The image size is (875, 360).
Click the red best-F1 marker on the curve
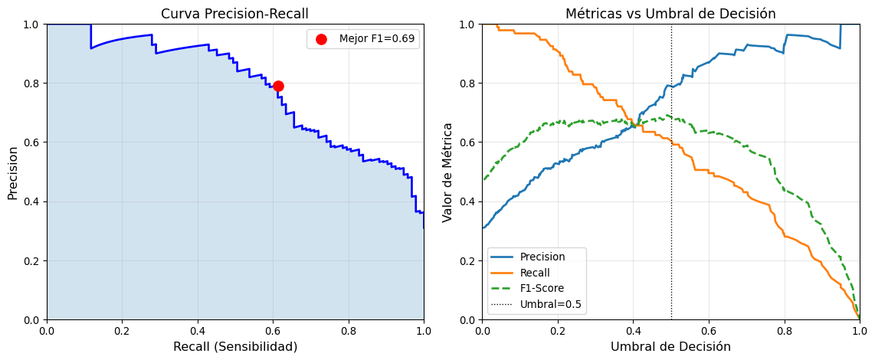pos(278,86)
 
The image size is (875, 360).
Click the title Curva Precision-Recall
pos(235,14)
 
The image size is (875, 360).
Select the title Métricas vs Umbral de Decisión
pos(670,14)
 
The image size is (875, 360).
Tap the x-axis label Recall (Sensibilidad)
pos(235,347)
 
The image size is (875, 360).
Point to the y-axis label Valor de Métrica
pos(448,172)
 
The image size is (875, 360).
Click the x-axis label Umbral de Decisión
pos(670,347)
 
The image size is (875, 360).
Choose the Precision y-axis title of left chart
pos(13,172)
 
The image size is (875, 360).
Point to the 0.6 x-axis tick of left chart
pos(273,331)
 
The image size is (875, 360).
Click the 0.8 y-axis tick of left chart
pos(31,83)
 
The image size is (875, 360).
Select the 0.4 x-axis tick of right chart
pos(633,331)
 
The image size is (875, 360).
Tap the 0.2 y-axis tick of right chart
pos(467,260)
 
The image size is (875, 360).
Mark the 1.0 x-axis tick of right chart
pos(860,331)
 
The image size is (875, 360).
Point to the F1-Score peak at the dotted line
pos(669,116)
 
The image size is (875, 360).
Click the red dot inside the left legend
pos(321,39)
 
